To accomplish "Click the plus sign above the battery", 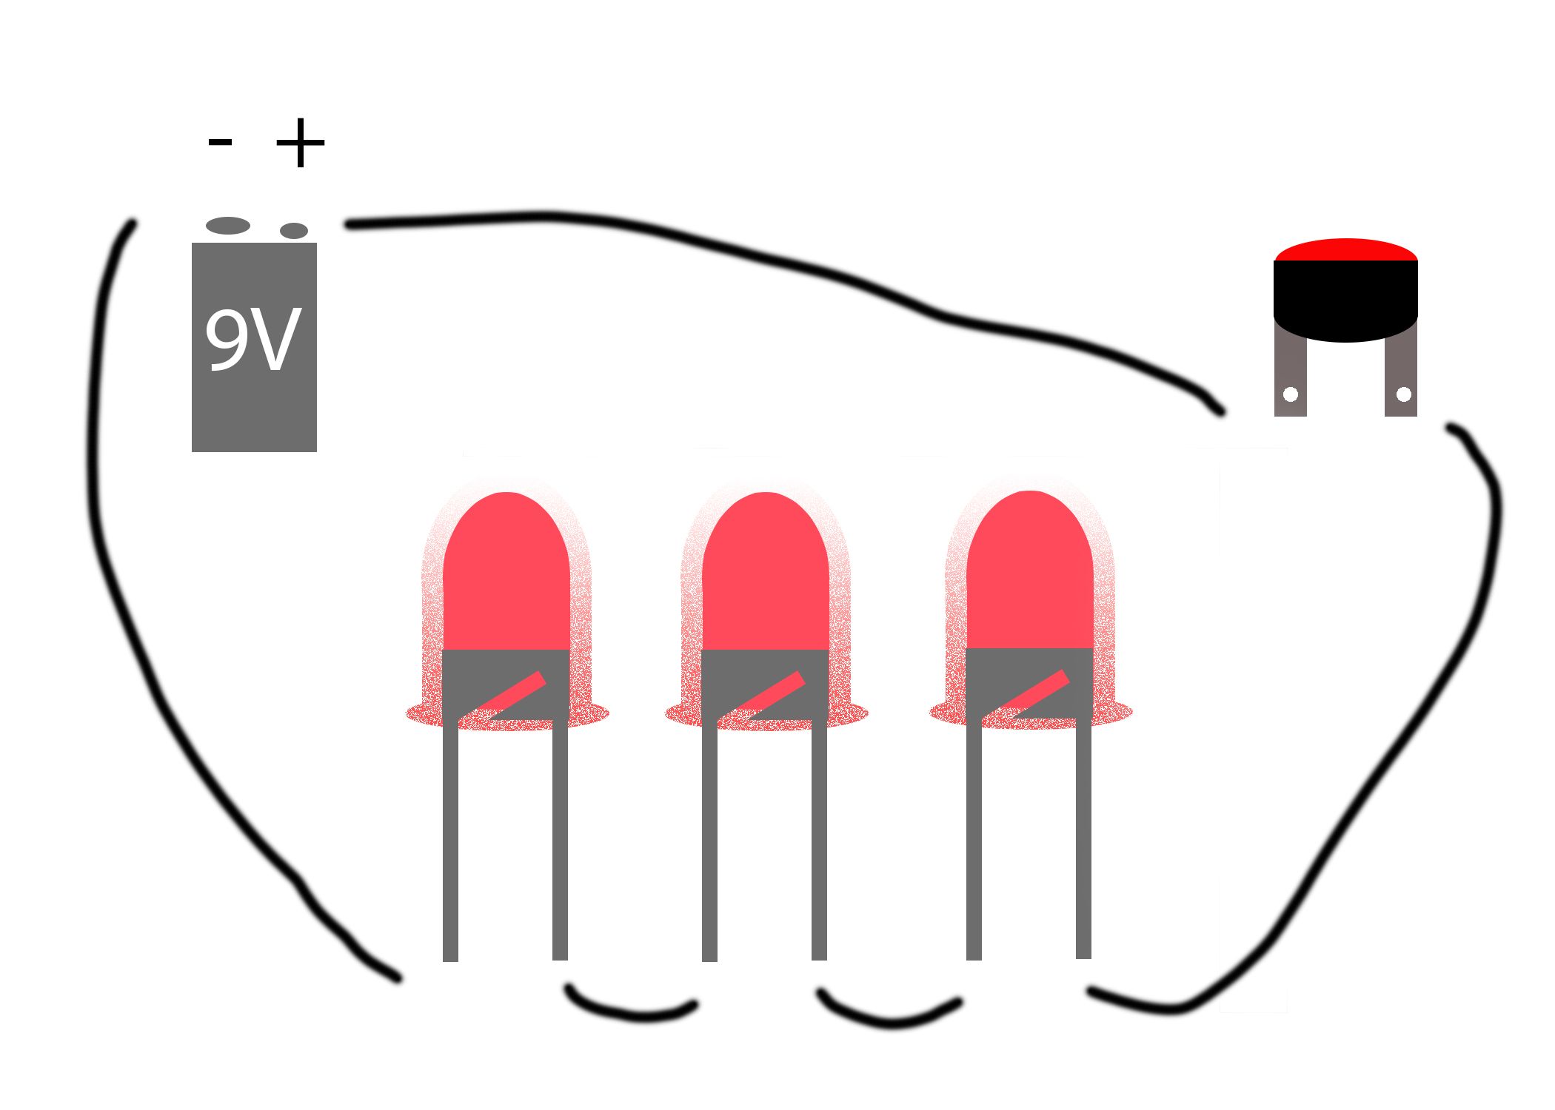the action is pos(300,142).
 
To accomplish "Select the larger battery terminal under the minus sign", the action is pos(228,226).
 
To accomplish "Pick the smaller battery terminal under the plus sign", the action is pos(294,231).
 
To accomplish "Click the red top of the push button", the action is pos(1345,250).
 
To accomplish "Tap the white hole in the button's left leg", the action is pos(1291,394).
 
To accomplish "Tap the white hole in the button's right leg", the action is pos(1403,394).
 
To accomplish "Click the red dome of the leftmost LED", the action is pos(506,573).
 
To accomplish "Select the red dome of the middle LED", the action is pos(765,573).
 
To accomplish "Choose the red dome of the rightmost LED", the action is pos(1029,571).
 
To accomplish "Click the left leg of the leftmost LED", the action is pos(450,840).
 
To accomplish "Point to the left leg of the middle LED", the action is pos(709,840).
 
